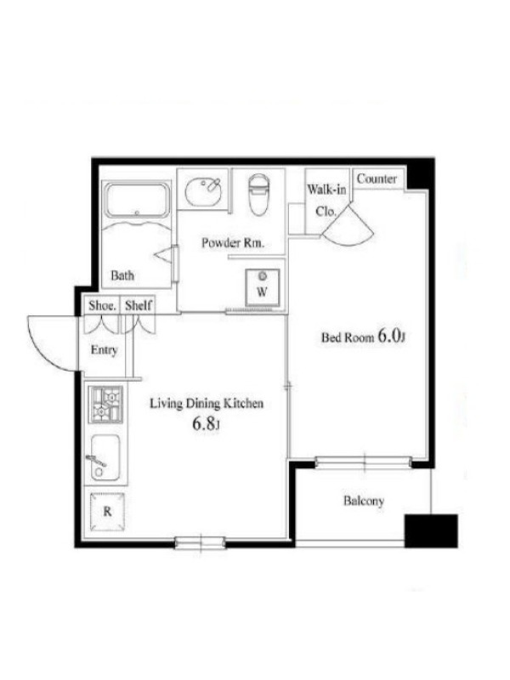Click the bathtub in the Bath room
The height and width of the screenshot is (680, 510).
[x=137, y=201]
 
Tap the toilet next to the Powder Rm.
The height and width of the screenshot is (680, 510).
[x=259, y=195]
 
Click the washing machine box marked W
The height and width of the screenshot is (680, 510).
[x=262, y=287]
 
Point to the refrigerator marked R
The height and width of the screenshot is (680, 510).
[x=107, y=512]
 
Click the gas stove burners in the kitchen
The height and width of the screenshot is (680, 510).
[x=106, y=405]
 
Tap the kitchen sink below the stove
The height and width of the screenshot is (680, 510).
[x=105, y=457]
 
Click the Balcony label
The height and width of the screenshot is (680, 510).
[x=364, y=501]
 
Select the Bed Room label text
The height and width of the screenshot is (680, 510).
[x=348, y=337]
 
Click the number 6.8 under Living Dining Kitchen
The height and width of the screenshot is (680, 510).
[x=204, y=423]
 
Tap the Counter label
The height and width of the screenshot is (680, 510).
[x=377, y=178]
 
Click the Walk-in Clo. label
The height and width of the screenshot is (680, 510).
[x=326, y=201]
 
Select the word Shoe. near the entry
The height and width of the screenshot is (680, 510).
[x=103, y=305]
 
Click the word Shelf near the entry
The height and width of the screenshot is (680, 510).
[x=139, y=305]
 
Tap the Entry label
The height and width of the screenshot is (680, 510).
[x=104, y=349]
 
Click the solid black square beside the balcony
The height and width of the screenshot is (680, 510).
[x=431, y=530]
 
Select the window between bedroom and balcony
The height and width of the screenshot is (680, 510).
[x=363, y=462]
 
